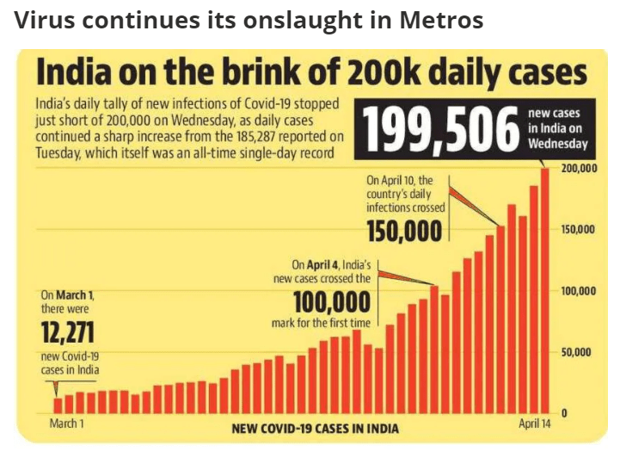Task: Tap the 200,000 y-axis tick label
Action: pos(579,169)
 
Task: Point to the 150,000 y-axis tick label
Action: pos(579,230)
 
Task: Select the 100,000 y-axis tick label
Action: pos(579,291)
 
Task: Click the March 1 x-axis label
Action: pos(67,424)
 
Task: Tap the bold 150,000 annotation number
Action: pos(405,231)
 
